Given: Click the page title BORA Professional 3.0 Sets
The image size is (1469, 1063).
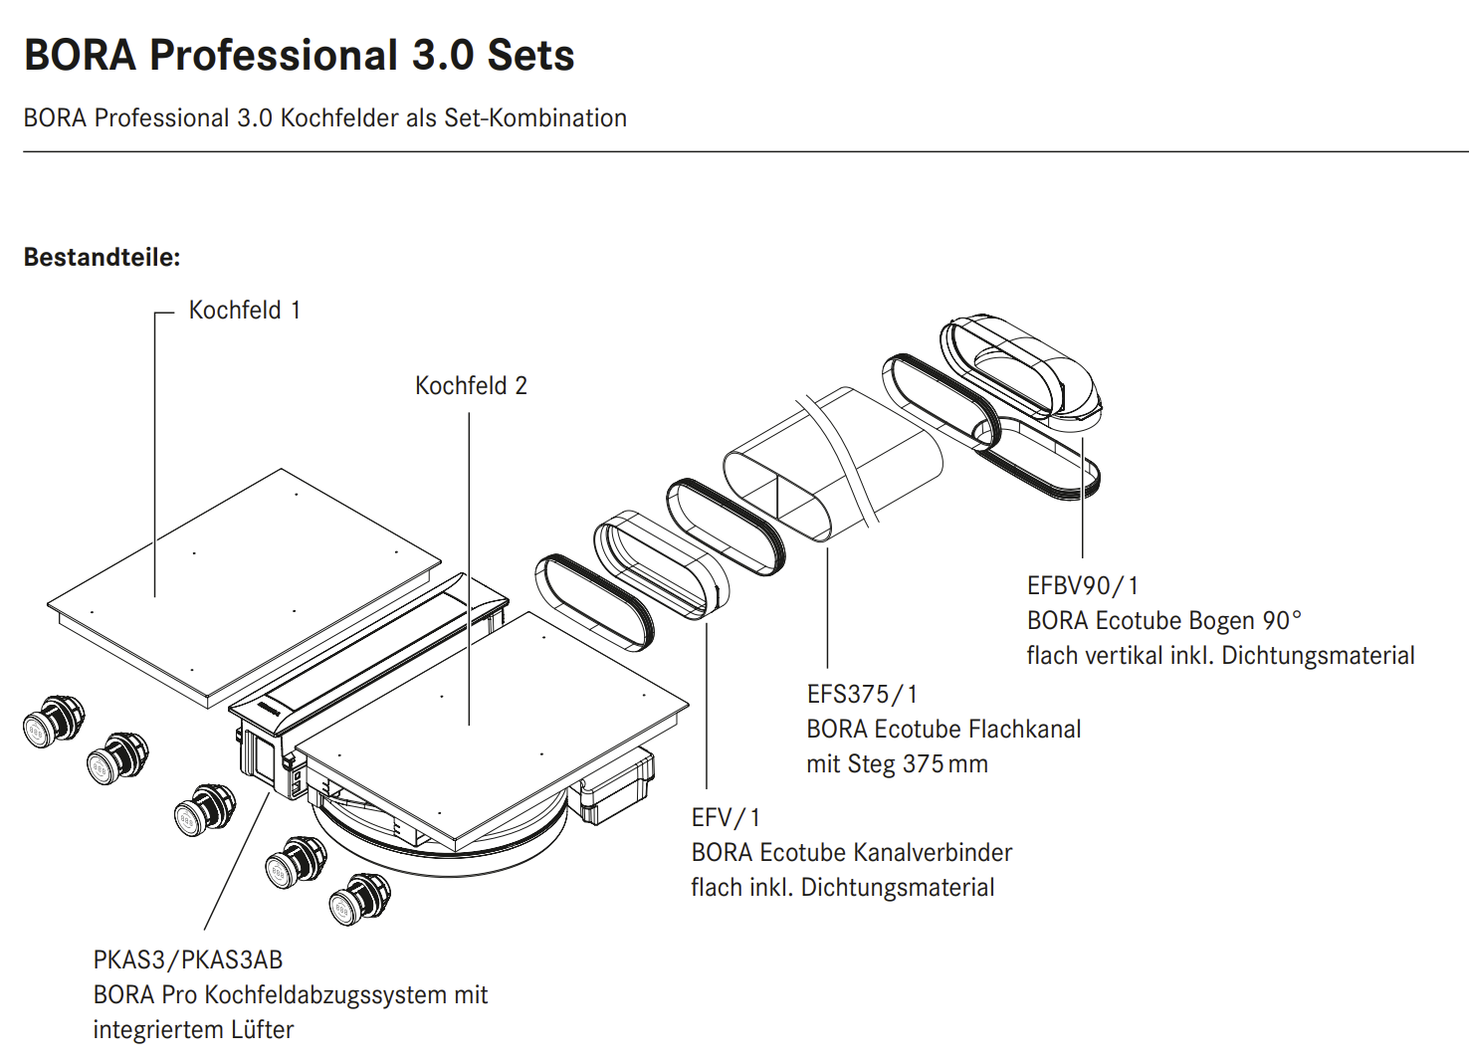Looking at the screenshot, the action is click(299, 55).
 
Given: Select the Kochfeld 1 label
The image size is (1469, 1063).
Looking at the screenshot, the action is click(245, 311).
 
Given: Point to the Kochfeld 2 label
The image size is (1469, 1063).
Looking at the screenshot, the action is click(471, 385).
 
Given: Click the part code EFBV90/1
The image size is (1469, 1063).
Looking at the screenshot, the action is click(1082, 585).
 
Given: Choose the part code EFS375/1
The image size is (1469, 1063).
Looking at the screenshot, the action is click(862, 694).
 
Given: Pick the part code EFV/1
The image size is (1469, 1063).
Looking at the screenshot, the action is click(726, 818).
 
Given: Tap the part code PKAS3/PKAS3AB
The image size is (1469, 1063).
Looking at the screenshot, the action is click(187, 960).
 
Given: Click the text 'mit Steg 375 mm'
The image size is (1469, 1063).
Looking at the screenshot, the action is click(897, 764).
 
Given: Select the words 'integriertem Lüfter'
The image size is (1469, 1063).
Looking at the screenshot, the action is click(193, 1029).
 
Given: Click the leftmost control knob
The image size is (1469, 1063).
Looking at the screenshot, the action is click(54, 722).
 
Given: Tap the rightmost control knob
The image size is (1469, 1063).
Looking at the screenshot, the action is click(359, 899).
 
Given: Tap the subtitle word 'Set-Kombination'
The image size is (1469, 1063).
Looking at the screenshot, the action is click(535, 118).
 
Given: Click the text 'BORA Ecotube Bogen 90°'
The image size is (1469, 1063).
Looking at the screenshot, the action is click(1164, 620).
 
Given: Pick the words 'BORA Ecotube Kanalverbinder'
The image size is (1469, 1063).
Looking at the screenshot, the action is click(851, 853).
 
